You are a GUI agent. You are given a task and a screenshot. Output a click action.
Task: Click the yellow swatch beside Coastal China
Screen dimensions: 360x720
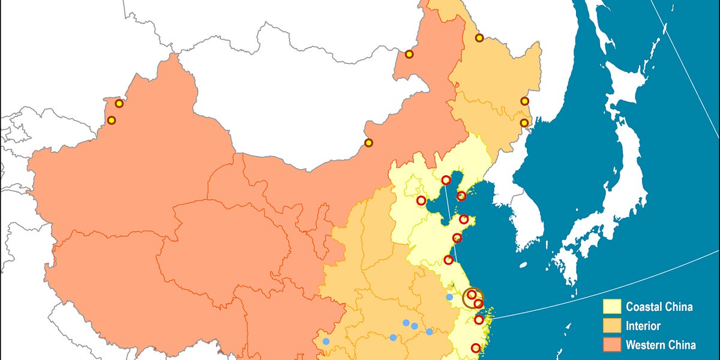pyautogui.click(x=611, y=307)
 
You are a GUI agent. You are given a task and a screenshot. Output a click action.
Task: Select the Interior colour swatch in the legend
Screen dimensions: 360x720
pyautogui.click(x=611, y=326)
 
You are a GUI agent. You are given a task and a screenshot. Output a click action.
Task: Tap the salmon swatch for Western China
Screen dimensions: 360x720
pyautogui.click(x=611, y=345)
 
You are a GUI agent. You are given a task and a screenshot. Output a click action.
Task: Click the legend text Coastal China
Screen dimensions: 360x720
pyautogui.click(x=659, y=307)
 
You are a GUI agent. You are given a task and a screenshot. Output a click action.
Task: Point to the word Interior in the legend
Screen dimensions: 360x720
pyautogui.click(x=643, y=326)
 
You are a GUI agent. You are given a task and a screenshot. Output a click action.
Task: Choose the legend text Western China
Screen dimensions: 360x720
pyautogui.click(x=661, y=345)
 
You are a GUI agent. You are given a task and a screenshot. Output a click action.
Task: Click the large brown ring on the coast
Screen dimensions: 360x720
pyautogui.click(x=473, y=298)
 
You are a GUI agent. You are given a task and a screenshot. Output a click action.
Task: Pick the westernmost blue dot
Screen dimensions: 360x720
pyautogui.click(x=326, y=341)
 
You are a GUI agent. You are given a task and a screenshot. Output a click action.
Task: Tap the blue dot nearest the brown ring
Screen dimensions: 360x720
pyautogui.click(x=449, y=297)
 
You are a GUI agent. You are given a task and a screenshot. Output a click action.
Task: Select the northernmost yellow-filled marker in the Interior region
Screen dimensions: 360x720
pyautogui.click(x=479, y=38)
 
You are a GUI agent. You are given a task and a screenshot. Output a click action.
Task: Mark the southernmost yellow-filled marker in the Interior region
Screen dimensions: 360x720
pyautogui.click(x=524, y=123)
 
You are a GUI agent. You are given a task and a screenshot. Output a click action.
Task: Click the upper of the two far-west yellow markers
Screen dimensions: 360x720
pyautogui.click(x=119, y=103)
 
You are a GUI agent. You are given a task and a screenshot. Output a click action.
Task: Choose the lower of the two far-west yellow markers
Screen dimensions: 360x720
pyautogui.click(x=111, y=120)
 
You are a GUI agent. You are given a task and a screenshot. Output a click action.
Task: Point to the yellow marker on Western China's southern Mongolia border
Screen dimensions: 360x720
pyautogui.click(x=368, y=143)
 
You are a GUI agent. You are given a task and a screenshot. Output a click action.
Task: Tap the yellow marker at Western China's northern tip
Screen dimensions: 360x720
pyautogui.click(x=409, y=54)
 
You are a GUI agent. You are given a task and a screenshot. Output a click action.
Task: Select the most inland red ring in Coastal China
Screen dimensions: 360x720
pyautogui.click(x=421, y=200)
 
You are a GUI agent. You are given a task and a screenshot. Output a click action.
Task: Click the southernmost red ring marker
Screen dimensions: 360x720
pyautogui.click(x=476, y=348)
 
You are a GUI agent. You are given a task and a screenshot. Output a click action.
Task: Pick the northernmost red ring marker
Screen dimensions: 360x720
pyautogui.click(x=446, y=180)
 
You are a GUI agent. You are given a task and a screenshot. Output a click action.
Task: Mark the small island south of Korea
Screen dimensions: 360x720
pyautogui.click(x=523, y=264)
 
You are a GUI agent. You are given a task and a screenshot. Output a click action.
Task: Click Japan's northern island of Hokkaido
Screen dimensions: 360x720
pyautogui.click(x=624, y=90)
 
